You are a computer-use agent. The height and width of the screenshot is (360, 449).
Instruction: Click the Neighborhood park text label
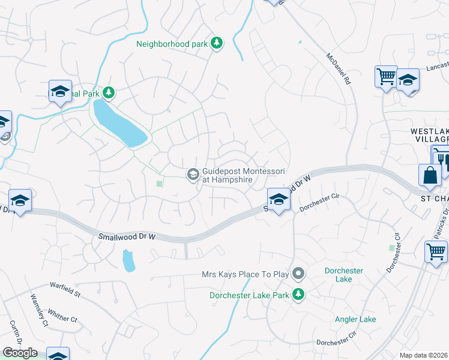172,44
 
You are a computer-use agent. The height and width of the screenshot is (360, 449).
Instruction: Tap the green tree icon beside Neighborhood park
217,43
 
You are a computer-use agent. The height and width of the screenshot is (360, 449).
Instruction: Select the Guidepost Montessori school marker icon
193,175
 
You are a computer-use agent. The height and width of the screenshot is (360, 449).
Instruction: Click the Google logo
20,353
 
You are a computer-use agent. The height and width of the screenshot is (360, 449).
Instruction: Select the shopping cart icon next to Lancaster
386,76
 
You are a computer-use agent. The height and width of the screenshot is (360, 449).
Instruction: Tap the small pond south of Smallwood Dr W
128,260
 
